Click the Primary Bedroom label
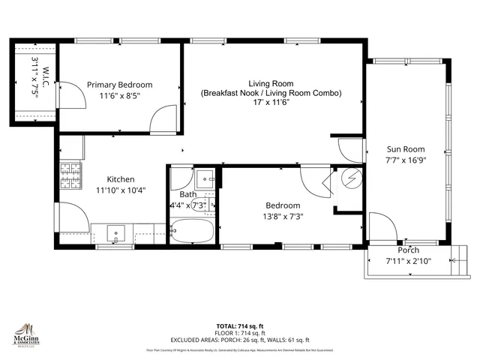click(x=119, y=85)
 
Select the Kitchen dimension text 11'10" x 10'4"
click(x=121, y=190)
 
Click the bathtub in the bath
click(x=193, y=232)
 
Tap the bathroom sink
click(x=204, y=179)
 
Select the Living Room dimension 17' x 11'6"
click(x=271, y=103)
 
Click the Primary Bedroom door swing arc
click(x=163, y=118)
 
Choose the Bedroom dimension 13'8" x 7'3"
click(x=283, y=217)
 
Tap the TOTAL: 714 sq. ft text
click(x=241, y=325)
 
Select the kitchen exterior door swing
click(x=73, y=217)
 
